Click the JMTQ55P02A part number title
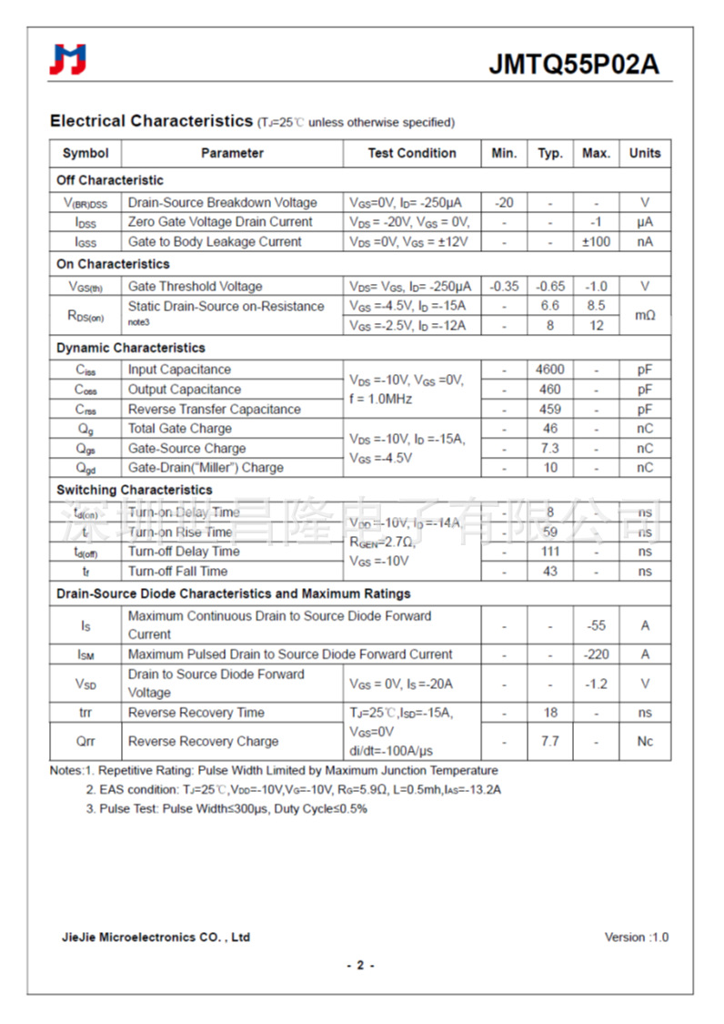574,65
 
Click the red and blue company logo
68,59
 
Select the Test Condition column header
412,153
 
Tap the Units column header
645,153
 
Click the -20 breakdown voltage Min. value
504,203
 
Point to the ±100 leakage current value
596,242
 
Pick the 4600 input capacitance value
549,370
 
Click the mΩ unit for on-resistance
645,315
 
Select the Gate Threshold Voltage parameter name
195,287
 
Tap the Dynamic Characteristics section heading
131,348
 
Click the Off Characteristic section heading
110,180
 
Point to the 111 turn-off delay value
549,552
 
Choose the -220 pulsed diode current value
596,654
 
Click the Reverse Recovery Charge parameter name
203,741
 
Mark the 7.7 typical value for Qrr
549,741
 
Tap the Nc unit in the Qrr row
645,741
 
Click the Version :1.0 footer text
637,938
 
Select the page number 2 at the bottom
360,966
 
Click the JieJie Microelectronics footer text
156,938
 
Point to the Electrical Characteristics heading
151,121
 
